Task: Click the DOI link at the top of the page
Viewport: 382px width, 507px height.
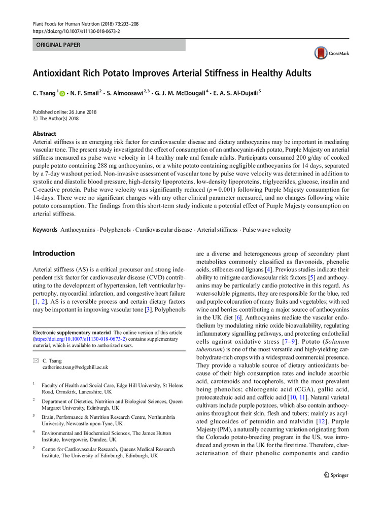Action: pos(76,31)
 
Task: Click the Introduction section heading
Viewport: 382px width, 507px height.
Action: pos(53,253)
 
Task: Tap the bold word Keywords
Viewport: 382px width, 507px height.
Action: pos(45,230)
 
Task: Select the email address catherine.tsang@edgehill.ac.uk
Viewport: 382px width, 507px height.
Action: pos(75,367)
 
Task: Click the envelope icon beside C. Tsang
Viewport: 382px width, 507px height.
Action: pos(36,359)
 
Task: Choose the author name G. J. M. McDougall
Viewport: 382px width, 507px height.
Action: pos(181,93)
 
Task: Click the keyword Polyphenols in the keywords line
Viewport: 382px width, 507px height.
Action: pos(114,230)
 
